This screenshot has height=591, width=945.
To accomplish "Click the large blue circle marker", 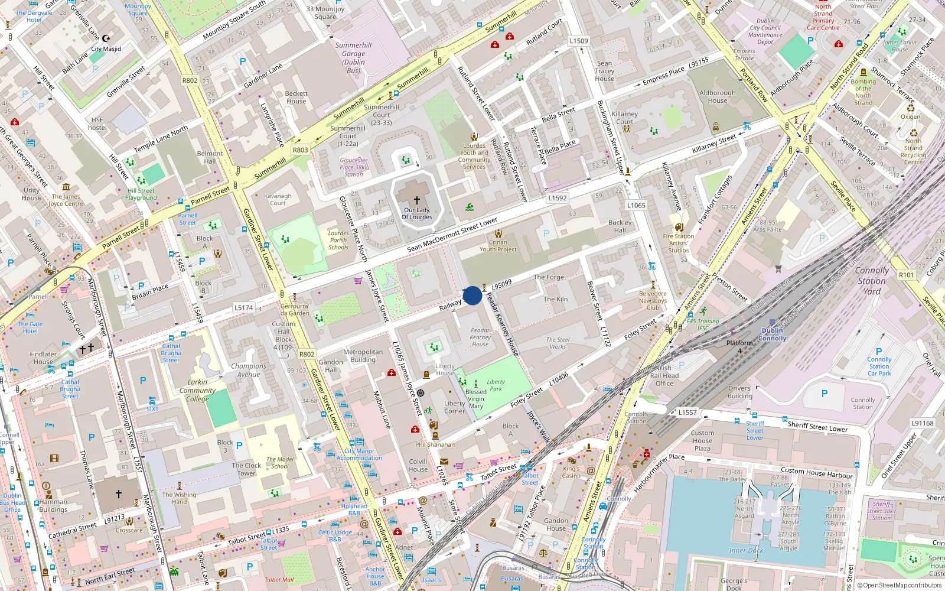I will (472, 295).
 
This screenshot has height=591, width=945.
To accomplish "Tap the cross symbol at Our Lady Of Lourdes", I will (416, 200).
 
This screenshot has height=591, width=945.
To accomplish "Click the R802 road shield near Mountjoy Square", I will (190, 80).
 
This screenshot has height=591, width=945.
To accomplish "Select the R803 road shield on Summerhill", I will (300, 150).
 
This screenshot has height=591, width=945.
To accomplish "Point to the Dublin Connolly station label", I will (772, 335).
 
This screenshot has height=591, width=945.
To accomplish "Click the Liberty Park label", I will (496, 385).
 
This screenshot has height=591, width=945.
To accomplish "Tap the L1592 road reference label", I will (557, 198).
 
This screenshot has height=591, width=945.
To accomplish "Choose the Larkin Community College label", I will (197, 391).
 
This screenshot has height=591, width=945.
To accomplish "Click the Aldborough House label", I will (717, 96).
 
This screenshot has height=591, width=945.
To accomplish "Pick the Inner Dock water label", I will (745, 550).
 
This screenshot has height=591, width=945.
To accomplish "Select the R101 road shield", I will (906, 275).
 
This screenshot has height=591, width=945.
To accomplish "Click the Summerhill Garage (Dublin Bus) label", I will (353, 58).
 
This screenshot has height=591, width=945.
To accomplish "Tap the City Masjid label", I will (106, 49).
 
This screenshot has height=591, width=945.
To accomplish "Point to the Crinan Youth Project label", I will (497, 246).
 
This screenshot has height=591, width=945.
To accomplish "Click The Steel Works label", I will (558, 343).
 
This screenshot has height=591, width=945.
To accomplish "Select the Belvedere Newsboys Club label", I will (653, 300).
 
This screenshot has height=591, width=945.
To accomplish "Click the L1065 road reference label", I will (636, 205).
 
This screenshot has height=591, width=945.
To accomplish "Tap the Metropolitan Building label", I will (363, 356).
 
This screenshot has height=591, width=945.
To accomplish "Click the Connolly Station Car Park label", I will (879, 366).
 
